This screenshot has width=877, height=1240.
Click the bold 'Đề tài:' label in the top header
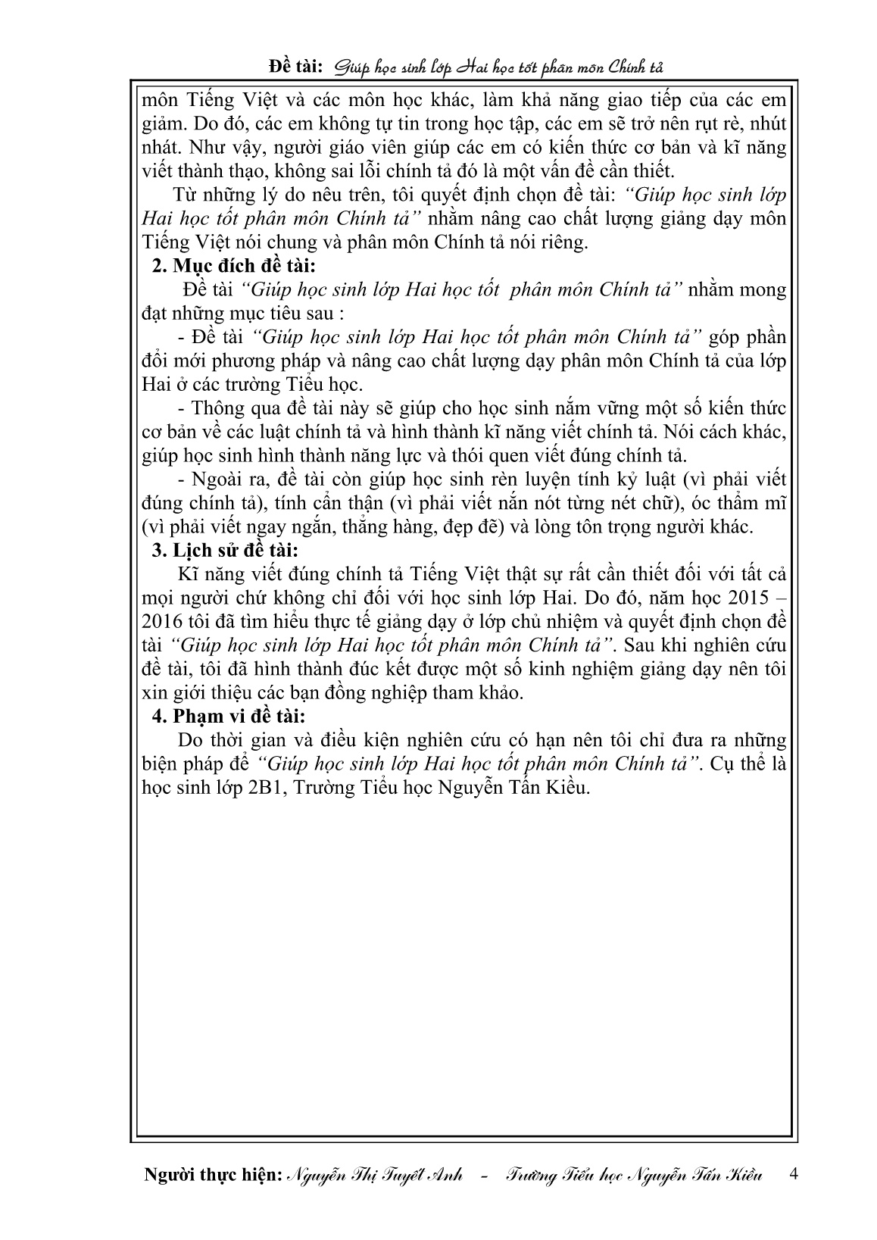point(296,68)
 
